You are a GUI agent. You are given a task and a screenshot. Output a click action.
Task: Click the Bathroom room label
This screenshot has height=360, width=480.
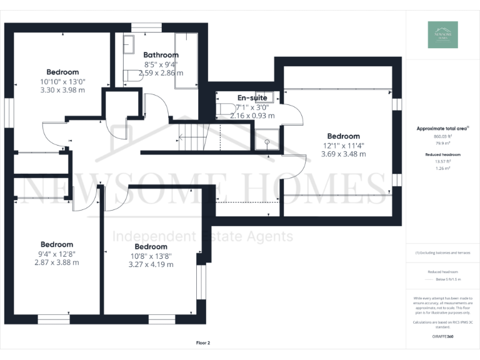(x=161, y=55)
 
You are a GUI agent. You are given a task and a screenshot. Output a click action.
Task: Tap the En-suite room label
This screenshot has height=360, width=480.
(x=252, y=97)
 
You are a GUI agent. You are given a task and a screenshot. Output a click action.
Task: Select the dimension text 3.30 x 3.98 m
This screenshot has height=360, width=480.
(x=62, y=90)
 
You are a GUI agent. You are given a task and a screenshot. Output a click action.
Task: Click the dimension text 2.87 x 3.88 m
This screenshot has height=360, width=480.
(x=57, y=262)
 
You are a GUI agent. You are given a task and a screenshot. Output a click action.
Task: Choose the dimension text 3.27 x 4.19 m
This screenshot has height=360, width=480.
(x=151, y=264)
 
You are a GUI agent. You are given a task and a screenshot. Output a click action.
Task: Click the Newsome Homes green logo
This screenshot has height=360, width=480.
(x=442, y=35)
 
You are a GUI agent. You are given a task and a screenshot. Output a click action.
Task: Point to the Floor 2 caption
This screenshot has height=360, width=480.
(x=203, y=343)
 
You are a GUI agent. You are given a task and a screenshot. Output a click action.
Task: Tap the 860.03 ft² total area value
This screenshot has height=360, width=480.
(x=442, y=136)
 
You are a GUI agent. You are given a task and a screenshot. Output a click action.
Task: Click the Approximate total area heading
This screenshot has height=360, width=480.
(x=442, y=128)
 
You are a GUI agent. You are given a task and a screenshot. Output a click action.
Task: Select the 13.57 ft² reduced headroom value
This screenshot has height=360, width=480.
(x=442, y=161)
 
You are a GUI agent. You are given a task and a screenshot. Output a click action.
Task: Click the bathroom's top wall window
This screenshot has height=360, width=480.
(x=146, y=27)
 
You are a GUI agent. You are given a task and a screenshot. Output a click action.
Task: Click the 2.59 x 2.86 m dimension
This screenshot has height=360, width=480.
(x=161, y=72)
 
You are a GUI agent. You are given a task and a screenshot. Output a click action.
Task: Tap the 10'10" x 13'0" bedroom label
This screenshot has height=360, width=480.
(x=62, y=81)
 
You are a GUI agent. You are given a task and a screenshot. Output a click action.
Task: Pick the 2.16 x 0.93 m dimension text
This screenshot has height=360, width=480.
(x=252, y=116)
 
